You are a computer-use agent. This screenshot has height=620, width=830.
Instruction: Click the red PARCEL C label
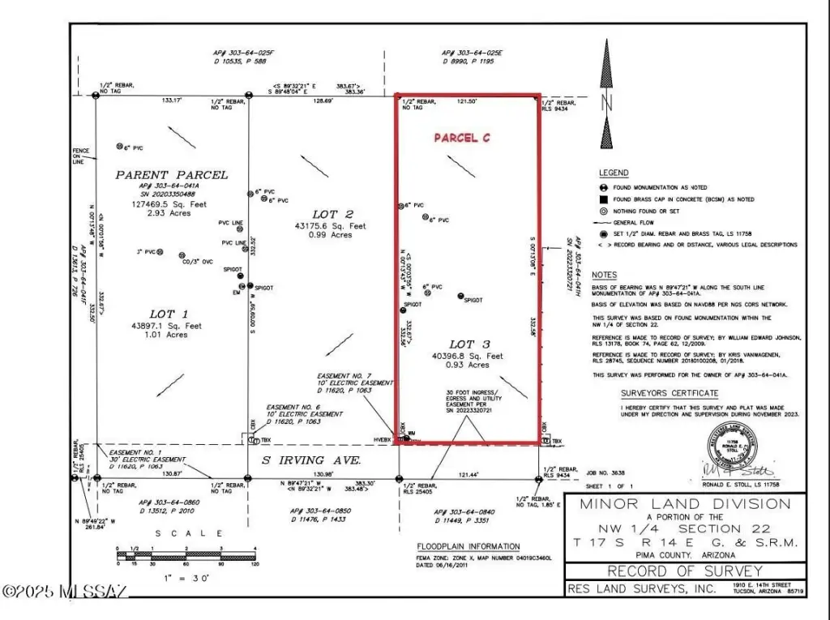pyautogui.click(x=462, y=138)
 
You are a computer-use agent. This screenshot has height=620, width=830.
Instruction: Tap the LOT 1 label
pyautogui.click(x=169, y=314)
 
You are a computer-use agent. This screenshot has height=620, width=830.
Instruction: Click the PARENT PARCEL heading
pyautogui.click(x=171, y=175)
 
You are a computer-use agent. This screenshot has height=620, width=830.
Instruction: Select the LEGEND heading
pyautogui.click(x=613, y=173)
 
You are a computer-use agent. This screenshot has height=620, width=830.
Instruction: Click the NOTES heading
pyautogui.click(x=604, y=276)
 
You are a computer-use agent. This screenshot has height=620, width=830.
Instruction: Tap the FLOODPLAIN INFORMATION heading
pyautogui.click(x=468, y=546)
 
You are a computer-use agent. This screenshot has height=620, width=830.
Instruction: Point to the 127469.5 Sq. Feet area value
pyautogui.click(x=171, y=204)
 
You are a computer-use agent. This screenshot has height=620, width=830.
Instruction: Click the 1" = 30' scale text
pyautogui.click(x=178, y=579)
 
